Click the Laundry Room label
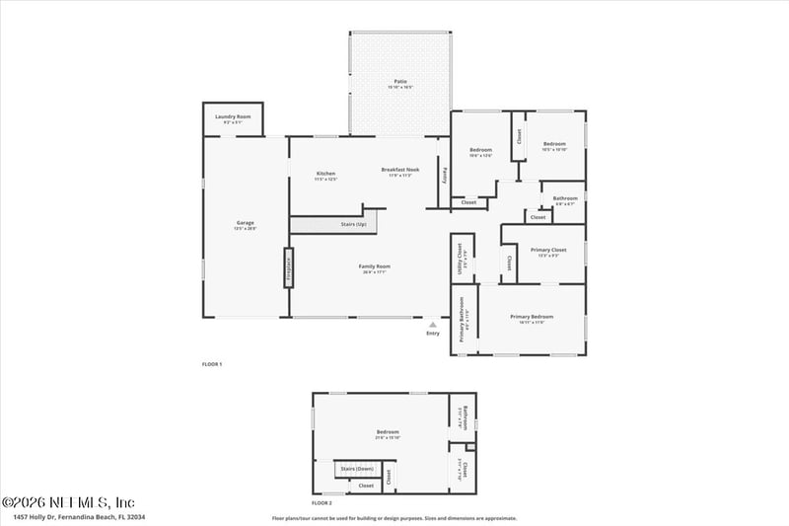click(233, 116)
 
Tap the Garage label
click(245, 223)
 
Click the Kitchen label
click(326, 174)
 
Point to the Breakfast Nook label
click(400, 170)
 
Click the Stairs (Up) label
click(353, 225)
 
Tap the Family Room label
click(374, 266)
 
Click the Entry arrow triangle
click(432, 323)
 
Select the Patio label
click(400, 82)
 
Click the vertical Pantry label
click(445, 174)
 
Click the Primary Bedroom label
click(532, 317)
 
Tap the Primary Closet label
click(544, 251)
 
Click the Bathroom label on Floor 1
click(565, 198)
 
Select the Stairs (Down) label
click(356, 468)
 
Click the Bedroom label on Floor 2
click(388, 432)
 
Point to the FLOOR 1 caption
click(212, 364)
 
